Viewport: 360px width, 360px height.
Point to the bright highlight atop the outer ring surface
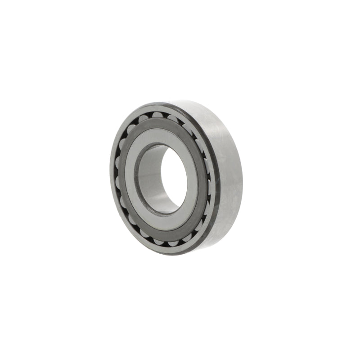198,108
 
